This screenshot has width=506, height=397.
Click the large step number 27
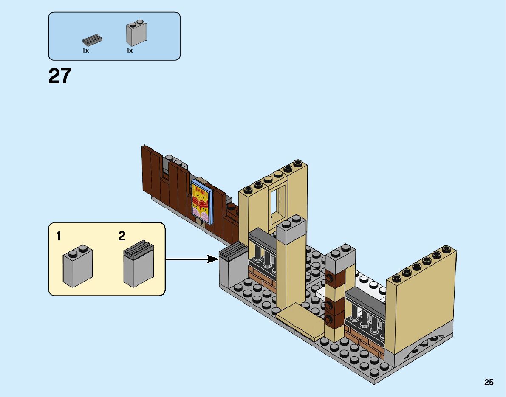(x=60, y=76)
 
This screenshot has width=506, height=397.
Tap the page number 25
(x=489, y=382)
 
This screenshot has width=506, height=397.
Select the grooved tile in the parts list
(x=92, y=41)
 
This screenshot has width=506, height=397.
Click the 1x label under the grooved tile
(x=85, y=51)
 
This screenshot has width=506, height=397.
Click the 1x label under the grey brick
(x=130, y=51)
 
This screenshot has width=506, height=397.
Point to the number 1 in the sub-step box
(x=59, y=237)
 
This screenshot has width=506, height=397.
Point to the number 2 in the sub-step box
(x=122, y=237)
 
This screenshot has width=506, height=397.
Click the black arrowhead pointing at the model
(x=212, y=259)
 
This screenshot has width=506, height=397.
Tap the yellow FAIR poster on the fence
(x=201, y=201)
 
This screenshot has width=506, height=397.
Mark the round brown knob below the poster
(x=198, y=221)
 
